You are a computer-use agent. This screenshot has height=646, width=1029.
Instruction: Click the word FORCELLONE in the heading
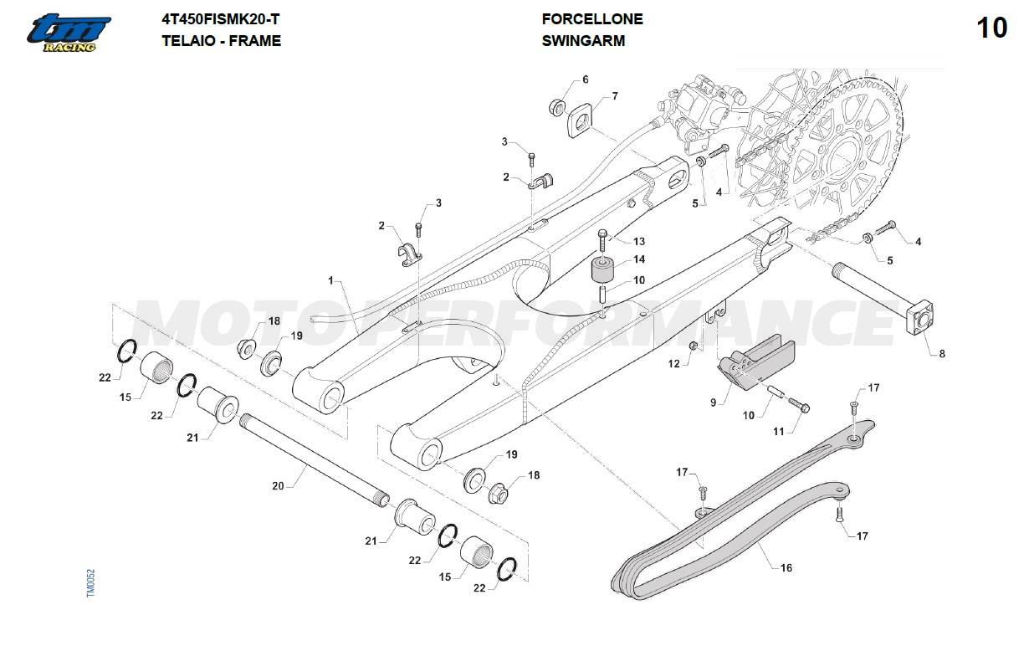pos(592,19)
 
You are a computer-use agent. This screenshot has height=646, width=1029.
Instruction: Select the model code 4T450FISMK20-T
pos(220,19)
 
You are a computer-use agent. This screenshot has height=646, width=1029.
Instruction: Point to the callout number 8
pos(942,354)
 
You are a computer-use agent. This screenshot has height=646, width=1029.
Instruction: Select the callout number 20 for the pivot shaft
pos(279,486)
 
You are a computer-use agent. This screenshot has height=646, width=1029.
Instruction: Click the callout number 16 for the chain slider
pos(786,568)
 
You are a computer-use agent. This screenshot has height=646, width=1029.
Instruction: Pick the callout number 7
pos(615,97)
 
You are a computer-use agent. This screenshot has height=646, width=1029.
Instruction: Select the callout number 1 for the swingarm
pos(330,279)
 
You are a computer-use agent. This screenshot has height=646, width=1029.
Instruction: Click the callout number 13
pos(638,242)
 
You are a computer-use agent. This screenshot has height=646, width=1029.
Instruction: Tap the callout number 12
pos(673,364)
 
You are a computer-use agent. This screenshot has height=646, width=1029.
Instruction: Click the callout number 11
pos(778,432)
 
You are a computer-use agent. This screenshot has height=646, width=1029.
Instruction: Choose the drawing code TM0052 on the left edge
pos(91,583)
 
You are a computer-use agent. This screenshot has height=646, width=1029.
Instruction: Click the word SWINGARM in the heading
pos(583,40)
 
